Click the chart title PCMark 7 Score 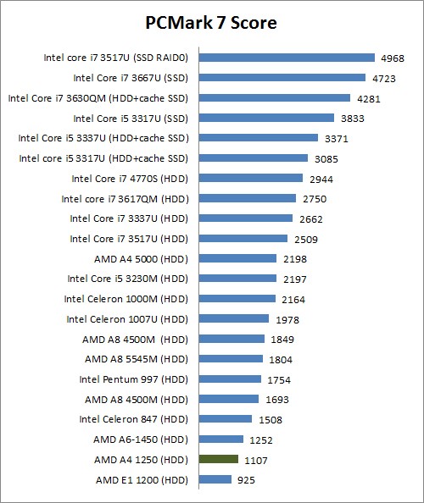(211, 21)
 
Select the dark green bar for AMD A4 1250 (218, 459)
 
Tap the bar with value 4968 (287, 58)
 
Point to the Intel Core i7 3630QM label (98, 98)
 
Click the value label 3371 (336, 138)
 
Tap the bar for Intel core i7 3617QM (247, 198)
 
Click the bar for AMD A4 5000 (237, 258)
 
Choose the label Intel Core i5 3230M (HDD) (127, 279)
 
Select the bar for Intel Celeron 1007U (234, 318)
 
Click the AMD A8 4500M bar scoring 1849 (232, 339)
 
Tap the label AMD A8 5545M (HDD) (135, 359)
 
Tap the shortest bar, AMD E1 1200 (215, 479)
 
